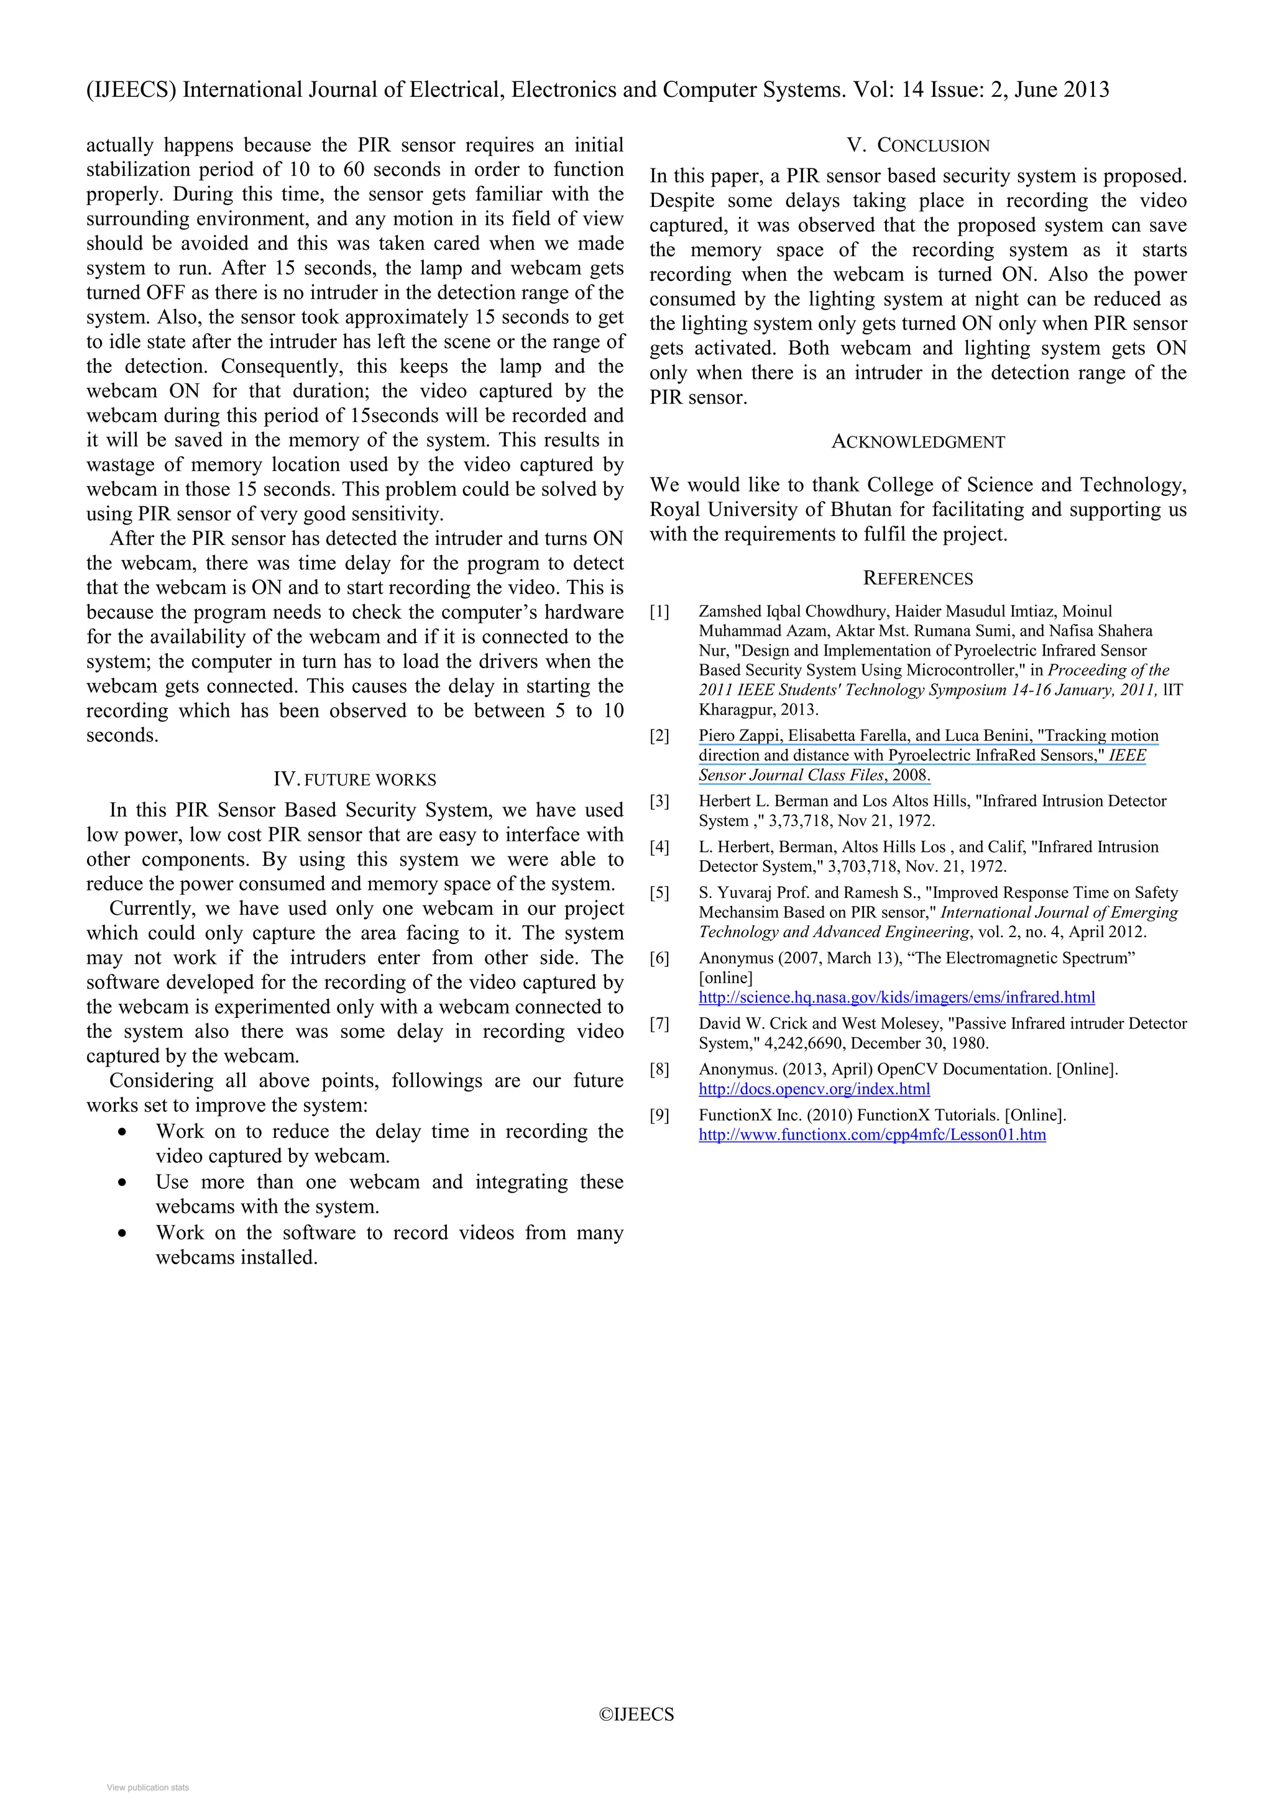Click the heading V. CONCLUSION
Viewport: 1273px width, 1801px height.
pyautogui.click(x=917, y=146)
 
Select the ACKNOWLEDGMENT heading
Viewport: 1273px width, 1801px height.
pyautogui.click(x=917, y=442)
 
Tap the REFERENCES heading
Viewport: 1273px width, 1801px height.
pyautogui.click(x=917, y=579)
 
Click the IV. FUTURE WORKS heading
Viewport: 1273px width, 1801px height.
pyautogui.click(x=354, y=780)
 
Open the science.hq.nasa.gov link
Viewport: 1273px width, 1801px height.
pyautogui.click(x=896, y=998)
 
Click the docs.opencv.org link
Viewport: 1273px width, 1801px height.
pyautogui.click(x=814, y=1089)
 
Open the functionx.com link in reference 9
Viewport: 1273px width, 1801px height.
pyautogui.click(x=872, y=1135)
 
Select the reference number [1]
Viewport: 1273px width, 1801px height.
pyautogui.click(x=659, y=612)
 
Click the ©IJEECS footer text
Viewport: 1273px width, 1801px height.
pyautogui.click(x=636, y=1715)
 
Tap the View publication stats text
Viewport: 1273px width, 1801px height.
pyautogui.click(x=148, y=1788)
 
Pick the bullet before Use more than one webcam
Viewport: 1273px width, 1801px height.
pyautogui.click(x=122, y=1183)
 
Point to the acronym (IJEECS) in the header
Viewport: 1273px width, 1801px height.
pyautogui.click(x=131, y=90)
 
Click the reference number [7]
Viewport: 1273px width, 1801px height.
pyautogui.click(x=659, y=1024)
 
